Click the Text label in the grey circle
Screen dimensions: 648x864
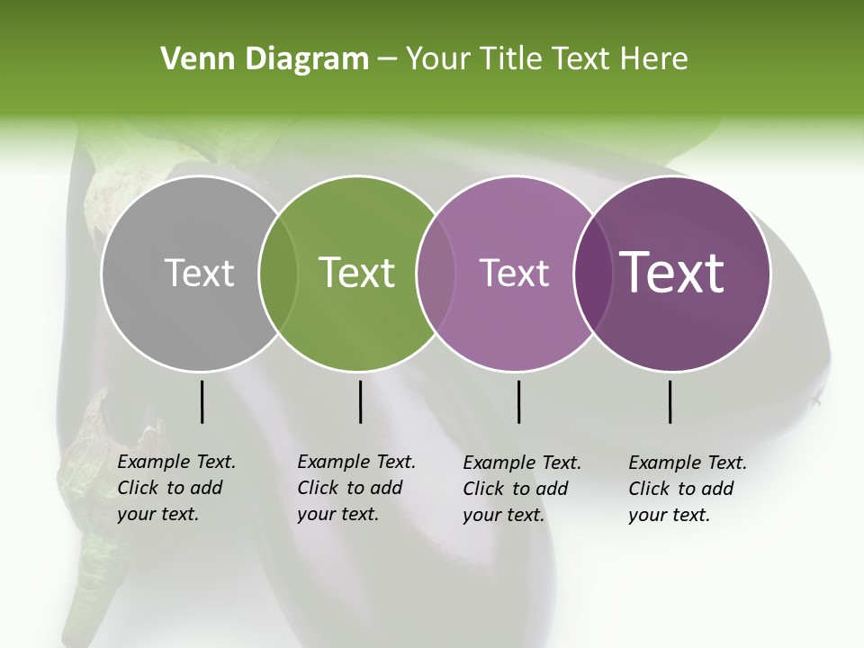[200, 273]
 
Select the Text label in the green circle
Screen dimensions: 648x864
[357, 273]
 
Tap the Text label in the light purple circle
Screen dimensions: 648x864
[514, 273]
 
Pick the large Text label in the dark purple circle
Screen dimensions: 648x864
[672, 273]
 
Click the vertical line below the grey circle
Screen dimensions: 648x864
[202, 401]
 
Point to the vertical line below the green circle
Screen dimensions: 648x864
[360, 401]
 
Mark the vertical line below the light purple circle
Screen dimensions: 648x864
[518, 401]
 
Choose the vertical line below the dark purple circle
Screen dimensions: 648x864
[670, 401]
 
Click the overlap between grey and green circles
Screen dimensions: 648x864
[278, 273]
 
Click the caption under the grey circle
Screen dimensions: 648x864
[176, 488]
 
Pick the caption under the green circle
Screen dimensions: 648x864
[356, 488]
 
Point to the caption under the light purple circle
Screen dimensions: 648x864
[522, 489]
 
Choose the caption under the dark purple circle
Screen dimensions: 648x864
[688, 489]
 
